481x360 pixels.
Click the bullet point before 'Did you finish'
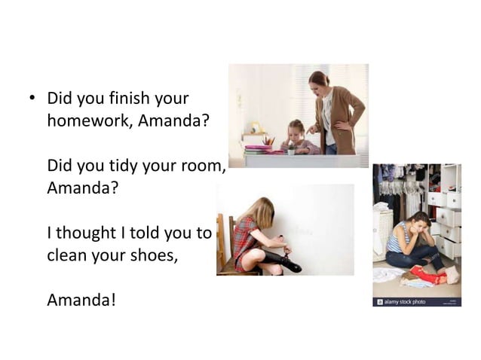(x=32, y=98)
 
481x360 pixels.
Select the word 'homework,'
(x=87, y=121)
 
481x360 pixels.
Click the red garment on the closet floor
(x=427, y=275)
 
